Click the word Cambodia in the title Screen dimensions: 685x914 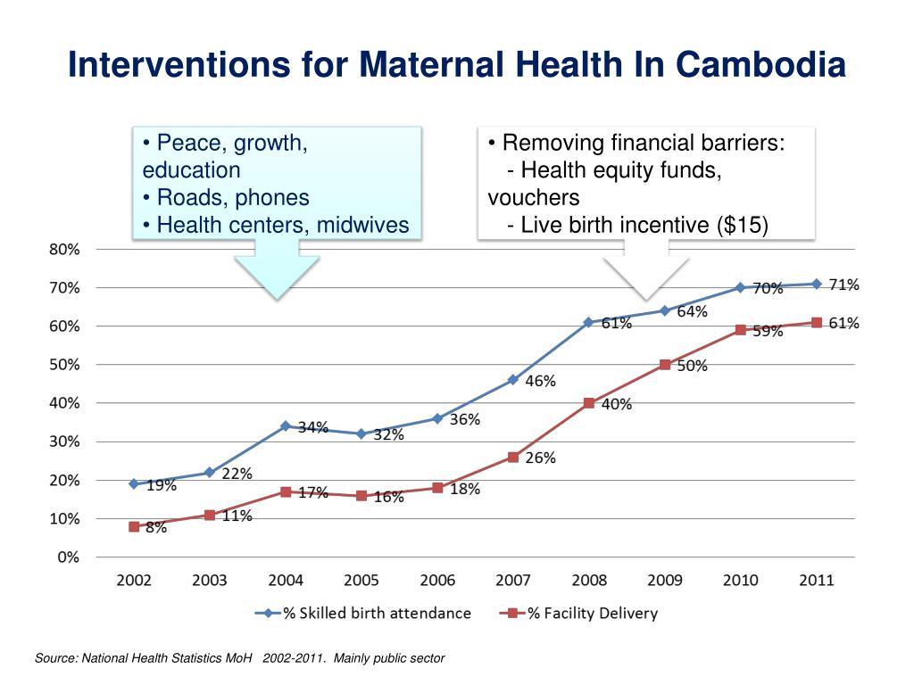click(x=760, y=64)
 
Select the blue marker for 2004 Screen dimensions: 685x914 click(x=286, y=426)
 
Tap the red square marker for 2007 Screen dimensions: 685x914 click(x=513, y=457)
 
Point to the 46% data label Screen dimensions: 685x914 click(x=540, y=381)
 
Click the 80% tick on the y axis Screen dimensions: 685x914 click(x=63, y=250)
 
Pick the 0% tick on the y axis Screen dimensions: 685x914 click(x=68, y=557)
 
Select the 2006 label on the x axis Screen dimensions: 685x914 click(x=437, y=581)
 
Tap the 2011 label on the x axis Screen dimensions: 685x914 click(x=816, y=581)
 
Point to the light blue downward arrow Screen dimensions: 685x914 click(x=277, y=272)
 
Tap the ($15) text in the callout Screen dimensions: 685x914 click(x=742, y=225)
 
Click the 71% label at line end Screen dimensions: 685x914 click(x=843, y=285)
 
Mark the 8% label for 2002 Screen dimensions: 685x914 click(x=156, y=528)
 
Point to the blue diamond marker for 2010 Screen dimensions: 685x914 click(x=740, y=287)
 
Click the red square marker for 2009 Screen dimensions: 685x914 click(x=665, y=364)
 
